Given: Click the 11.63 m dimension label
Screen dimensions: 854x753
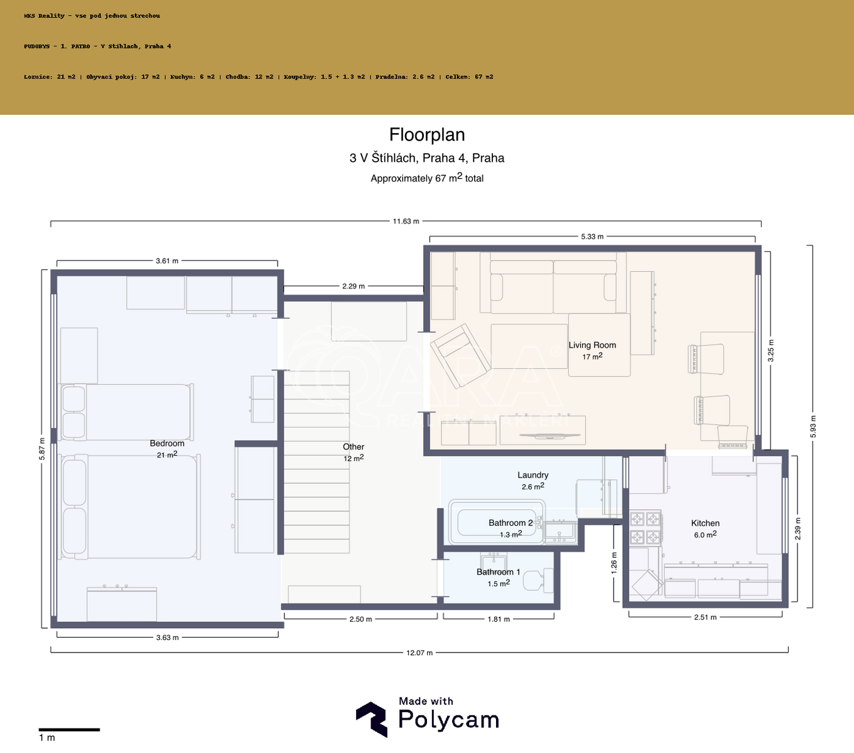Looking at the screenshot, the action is tap(406, 222).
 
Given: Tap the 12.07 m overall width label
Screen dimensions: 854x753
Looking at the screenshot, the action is tap(419, 653).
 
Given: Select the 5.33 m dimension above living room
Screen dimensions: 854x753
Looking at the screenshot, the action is tap(592, 237).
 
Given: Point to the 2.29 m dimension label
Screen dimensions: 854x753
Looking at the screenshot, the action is tap(354, 286).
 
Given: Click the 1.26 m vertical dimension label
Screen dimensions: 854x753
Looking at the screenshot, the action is tap(614, 563).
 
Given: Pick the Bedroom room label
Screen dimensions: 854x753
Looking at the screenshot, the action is tap(167, 443).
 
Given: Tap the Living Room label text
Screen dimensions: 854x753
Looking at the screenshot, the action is tap(592, 345).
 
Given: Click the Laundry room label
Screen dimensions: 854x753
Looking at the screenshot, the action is tap(532, 475).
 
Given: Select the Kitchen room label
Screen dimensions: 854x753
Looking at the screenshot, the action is tap(705, 523).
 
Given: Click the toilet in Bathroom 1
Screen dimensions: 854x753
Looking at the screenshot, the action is tap(538, 580).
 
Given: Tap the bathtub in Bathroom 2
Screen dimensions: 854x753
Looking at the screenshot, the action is tap(497, 522).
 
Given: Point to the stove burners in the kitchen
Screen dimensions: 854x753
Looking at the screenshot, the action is tap(646, 528).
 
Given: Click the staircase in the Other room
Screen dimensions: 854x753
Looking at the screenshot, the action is tap(316, 462).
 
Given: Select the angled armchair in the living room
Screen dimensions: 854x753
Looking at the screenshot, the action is tap(460, 356).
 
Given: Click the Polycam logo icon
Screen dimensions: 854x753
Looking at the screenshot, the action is tap(372, 719).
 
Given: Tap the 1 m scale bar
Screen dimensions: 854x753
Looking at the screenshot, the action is tap(69, 729).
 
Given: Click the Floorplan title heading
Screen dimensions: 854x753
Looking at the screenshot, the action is tap(427, 135).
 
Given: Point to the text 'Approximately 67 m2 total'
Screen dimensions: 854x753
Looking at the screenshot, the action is tap(427, 178).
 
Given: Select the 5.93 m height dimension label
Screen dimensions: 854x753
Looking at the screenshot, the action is tap(813, 427).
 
